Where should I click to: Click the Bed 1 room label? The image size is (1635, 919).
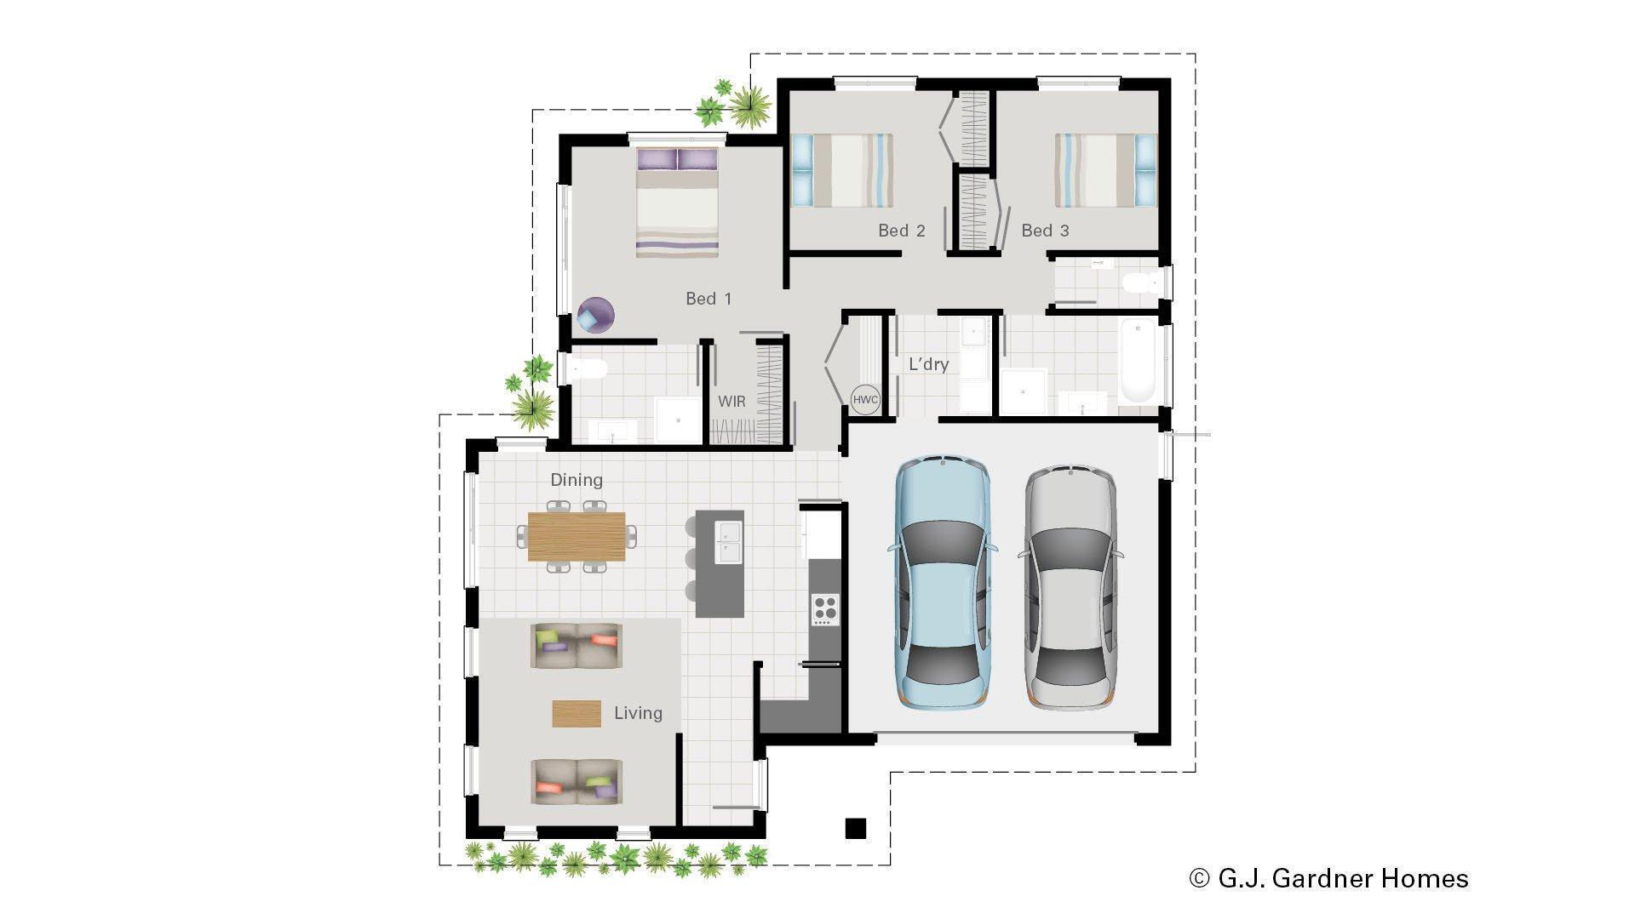708,299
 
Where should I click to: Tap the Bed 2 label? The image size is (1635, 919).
901,231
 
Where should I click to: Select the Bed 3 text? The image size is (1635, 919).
1044,231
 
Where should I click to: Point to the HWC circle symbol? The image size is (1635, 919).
865,400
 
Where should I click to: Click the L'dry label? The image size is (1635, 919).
928,364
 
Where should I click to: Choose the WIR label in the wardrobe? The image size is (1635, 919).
731,402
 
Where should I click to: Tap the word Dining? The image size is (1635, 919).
577,480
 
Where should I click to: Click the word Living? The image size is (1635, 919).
638,713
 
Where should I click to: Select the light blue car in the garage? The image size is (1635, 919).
942,583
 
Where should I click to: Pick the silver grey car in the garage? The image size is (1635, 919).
1070,587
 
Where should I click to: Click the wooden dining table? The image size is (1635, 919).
577,536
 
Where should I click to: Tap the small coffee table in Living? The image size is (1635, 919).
577,713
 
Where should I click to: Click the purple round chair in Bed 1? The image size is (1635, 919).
595,315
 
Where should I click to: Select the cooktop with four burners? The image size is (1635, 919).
824,608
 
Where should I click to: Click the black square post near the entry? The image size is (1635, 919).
855,828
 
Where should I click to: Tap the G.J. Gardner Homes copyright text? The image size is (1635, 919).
1328,878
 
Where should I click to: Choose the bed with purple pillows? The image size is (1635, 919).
678,202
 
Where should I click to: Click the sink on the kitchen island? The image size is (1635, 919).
729,543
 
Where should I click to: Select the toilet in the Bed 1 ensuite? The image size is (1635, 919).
588,368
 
